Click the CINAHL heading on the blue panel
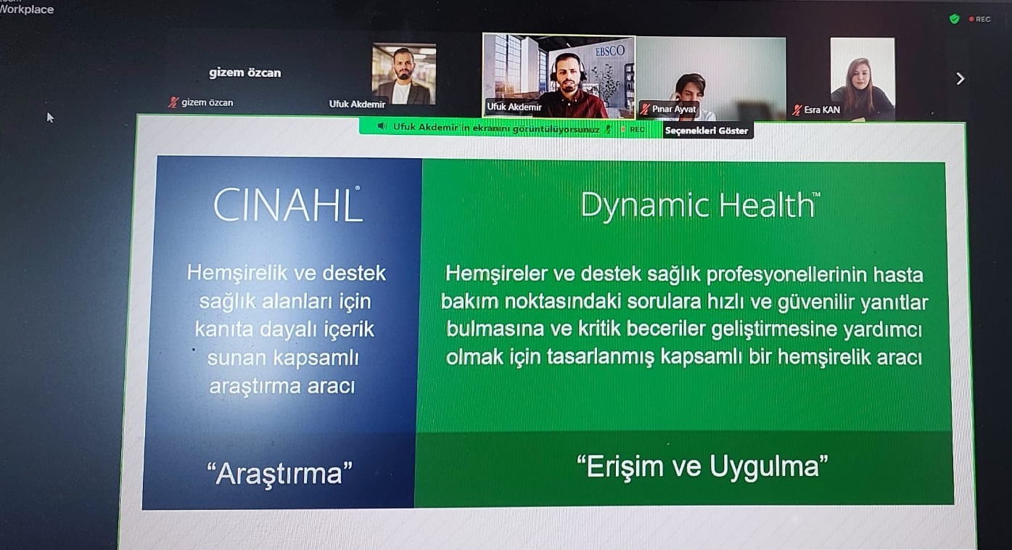pyautogui.click(x=287, y=205)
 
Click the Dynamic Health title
pyautogui.click(x=700, y=205)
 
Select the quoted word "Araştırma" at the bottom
pyautogui.click(x=279, y=474)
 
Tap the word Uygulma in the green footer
pyautogui.click(x=768, y=467)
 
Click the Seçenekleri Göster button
pyautogui.click(x=707, y=131)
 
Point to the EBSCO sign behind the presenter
pyautogui.click(x=609, y=50)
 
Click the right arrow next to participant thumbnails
pyautogui.click(x=960, y=79)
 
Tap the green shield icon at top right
pyautogui.click(x=954, y=19)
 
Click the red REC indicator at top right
pyautogui.click(x=980, y=20)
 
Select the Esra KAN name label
pyautogui.click(x=822, y=110)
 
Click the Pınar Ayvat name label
pyautogui.click(x=674, y=109)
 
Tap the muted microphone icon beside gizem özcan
pyautogui.click(x=173, y=102)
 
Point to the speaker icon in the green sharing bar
pyautogui.click(x=382, y=126)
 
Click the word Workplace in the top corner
pyautogui.click(x=27, y=9)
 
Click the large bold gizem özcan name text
pyautogui.click(x=245, y=73)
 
